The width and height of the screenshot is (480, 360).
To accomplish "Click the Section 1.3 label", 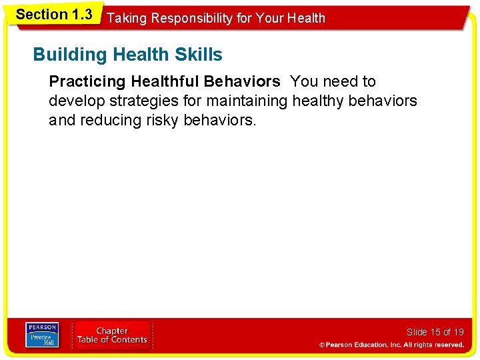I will (53, 14).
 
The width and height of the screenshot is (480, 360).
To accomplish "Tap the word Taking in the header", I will (127, 18).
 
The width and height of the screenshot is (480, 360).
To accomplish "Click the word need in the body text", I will (338, 82).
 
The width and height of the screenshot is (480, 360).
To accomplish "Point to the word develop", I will (75, 101).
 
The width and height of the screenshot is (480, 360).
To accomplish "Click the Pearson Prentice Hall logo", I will (41, 334).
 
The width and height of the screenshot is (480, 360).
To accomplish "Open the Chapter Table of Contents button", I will (112, 335).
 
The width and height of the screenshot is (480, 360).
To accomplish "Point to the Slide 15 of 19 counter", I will (435, 332).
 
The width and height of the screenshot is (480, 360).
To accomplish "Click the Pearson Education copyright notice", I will (391, 345).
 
